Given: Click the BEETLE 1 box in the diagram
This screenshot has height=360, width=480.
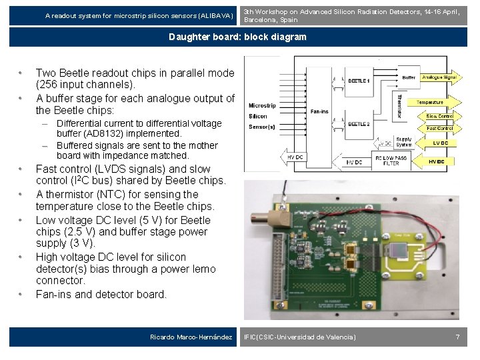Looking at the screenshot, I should click(359, 81).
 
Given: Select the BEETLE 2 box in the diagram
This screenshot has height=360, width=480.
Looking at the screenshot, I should click(359, 124).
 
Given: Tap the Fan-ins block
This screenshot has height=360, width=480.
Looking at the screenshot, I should click(319, 111).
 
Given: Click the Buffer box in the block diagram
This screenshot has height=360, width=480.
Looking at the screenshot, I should click(409, 77).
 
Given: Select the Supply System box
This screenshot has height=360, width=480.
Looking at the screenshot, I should click(404, 141).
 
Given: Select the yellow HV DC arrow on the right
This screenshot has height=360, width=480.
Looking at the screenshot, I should click(438, 161).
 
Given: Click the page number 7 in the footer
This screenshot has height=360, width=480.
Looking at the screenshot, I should click(457, 337).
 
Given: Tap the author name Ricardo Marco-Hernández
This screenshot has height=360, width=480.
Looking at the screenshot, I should click(191, 337).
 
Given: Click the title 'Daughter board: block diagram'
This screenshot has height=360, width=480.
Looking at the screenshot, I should click(237, 37).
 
